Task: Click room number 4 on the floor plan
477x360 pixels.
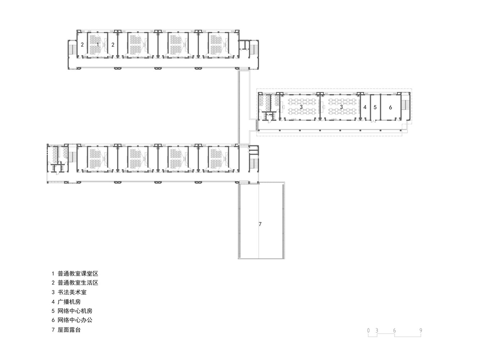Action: (x=365, y=107)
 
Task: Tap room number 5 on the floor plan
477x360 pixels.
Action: (x=375, y=107)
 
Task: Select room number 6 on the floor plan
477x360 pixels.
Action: (x=390, y=107)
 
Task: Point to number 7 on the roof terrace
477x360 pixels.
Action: (x=260, y=224)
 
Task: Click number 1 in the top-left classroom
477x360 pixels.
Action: (x=97, y=45)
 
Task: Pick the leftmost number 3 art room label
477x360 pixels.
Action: (x=301, y=107)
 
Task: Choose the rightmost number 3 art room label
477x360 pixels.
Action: (x=341, y=107)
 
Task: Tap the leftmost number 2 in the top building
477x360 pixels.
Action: (x=82, y=45)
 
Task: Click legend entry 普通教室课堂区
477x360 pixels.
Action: (x=78, y=274)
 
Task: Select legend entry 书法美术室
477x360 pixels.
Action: (x=72, y=292)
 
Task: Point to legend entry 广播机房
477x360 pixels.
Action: (x=69, y=302)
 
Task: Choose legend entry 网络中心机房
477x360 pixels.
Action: (x=75, y=311)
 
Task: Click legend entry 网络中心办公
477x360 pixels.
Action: (x=75, y=320)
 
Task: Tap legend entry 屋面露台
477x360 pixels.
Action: (x=69, y=329)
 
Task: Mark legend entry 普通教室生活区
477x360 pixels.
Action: (x=78, y=283)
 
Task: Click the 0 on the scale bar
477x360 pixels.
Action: (x=368, y=330)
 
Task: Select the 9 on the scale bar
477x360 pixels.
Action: (x=421, y=330)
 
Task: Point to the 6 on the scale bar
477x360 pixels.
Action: (x=394, y=330)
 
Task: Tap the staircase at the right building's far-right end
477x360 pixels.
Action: (x=405, y=105)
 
